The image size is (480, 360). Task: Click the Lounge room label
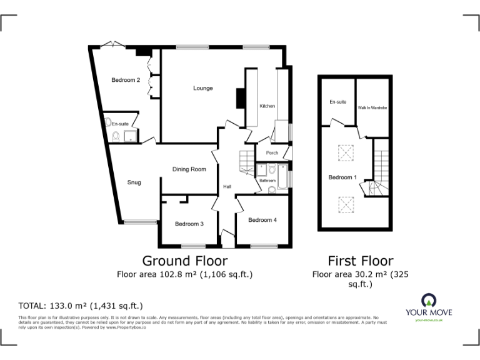[203, 88]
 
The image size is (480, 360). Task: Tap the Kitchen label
[267, 106]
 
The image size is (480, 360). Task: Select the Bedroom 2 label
[126, 80]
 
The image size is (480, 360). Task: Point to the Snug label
[134, 182]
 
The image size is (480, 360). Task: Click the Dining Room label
[189, 169]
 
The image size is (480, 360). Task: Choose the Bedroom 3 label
[189, 224]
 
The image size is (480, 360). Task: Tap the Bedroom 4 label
[262, 220]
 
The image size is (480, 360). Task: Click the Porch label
[272, 153]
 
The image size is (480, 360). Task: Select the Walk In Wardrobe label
[373, 108]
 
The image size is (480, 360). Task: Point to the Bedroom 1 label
[342, 177]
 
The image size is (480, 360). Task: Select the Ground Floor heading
[185, 261]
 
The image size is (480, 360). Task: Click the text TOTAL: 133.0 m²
[81, 306]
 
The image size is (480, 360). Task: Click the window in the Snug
[141, 221]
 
